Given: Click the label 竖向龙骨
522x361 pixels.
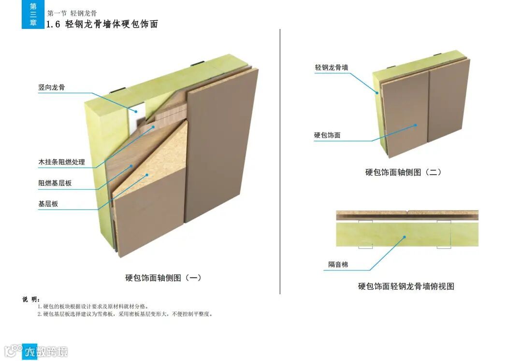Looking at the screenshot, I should click(x=52, y=87).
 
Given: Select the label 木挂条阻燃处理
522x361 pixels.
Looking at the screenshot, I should click(x=61, y=162).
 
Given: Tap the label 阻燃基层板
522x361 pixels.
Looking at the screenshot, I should click(x=55, y=183).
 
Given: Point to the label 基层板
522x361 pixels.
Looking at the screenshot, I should click(x=48, y=204).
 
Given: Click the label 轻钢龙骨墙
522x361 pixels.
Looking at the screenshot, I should click(x=331, y=68).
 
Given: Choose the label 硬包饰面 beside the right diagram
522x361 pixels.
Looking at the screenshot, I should click(x=327, y=135).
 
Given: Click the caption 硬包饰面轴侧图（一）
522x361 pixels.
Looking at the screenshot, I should click(x=163, y=278).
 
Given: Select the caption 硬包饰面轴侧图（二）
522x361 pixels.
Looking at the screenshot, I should click(x=403, y=172).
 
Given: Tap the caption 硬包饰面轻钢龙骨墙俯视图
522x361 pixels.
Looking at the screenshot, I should click(x=406, y=286).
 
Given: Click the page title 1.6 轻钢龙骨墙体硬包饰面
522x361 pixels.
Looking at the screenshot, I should click(x=101, y=24).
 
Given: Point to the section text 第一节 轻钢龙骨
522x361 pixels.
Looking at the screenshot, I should click(x=72, y=13).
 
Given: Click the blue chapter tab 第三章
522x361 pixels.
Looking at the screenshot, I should click(x=33, y=14).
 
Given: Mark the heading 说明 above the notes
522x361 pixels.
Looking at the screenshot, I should click(x=31, y=299).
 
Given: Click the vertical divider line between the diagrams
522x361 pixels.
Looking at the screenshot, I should click(x=280, y=159).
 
